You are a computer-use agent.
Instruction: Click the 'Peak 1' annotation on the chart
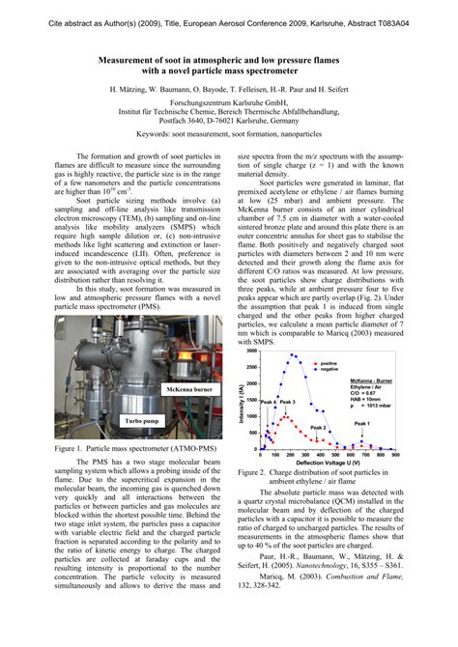361,424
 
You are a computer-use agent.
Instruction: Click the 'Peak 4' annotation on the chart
267,401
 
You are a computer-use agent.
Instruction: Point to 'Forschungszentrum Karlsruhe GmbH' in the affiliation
228,99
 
